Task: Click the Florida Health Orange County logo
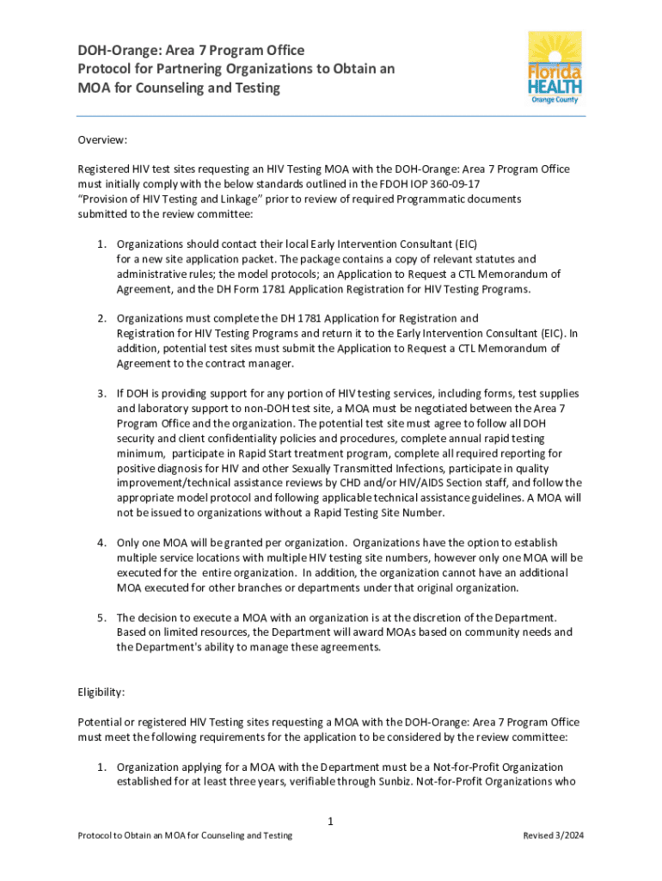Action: coord(555,67)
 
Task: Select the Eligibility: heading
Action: coord(103,690)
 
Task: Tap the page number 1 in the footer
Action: coord(330,822)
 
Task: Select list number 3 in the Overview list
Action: coord(101,395)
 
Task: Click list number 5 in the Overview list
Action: coord(101,617)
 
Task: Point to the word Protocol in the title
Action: coord(107,69)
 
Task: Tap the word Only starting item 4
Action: coord(131,543)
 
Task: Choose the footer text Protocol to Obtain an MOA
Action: coord(185,835)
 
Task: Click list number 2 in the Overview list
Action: coord(101,318)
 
